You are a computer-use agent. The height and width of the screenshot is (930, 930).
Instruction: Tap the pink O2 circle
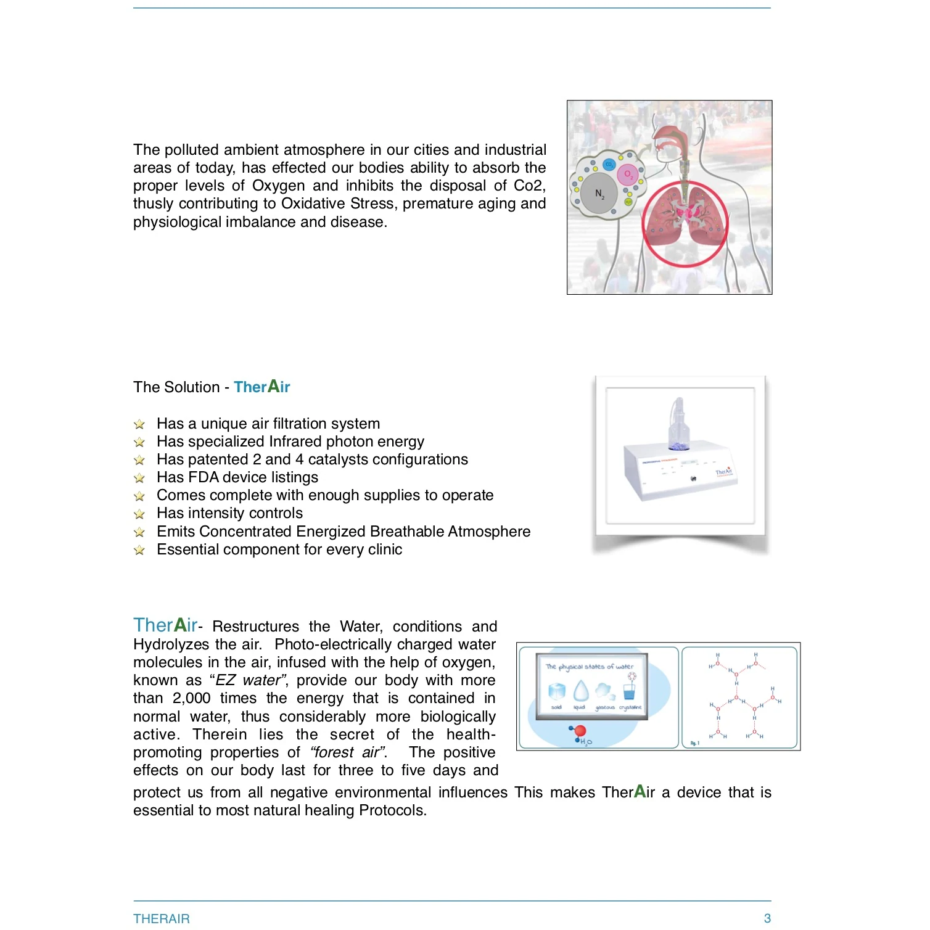point(627,175)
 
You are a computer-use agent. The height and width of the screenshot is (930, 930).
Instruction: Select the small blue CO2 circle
point(609,164)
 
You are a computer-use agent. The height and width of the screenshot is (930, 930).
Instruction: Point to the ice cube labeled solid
point(557,691)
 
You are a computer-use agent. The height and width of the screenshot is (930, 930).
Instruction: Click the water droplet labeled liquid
point(581,691)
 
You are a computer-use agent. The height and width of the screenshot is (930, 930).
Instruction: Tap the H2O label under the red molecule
point(585,742)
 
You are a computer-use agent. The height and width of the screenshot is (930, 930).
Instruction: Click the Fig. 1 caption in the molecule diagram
point(694,743)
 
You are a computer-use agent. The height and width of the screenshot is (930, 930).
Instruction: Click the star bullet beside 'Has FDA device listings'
point(139,478)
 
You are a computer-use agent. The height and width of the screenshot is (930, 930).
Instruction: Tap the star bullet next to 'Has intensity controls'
point(139,514)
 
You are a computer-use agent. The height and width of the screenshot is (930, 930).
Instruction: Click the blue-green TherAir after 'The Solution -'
point(261,387)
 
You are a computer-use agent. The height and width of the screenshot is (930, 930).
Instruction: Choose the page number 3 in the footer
point(767,918)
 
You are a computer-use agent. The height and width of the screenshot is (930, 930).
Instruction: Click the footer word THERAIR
point(162,918)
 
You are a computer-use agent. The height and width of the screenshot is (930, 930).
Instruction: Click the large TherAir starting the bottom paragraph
point(165,625)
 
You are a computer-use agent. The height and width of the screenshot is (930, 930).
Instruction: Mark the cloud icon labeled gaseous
point(605,691)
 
